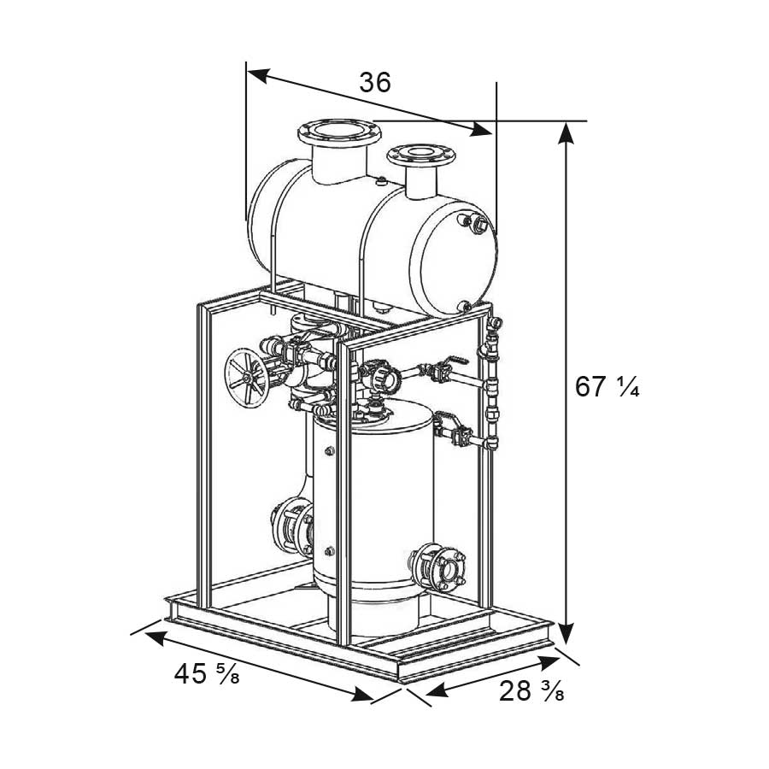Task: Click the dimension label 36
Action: coord(375,82)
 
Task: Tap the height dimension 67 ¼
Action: coord(607,386)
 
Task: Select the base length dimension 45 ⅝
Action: coord(207,673)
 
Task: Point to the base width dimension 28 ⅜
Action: coord(531,691)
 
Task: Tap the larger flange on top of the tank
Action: coord(339,132)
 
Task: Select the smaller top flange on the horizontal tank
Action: coord(420,156)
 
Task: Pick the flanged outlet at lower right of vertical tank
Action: coord(439,566)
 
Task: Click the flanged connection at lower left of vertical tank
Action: coord(292,529)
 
